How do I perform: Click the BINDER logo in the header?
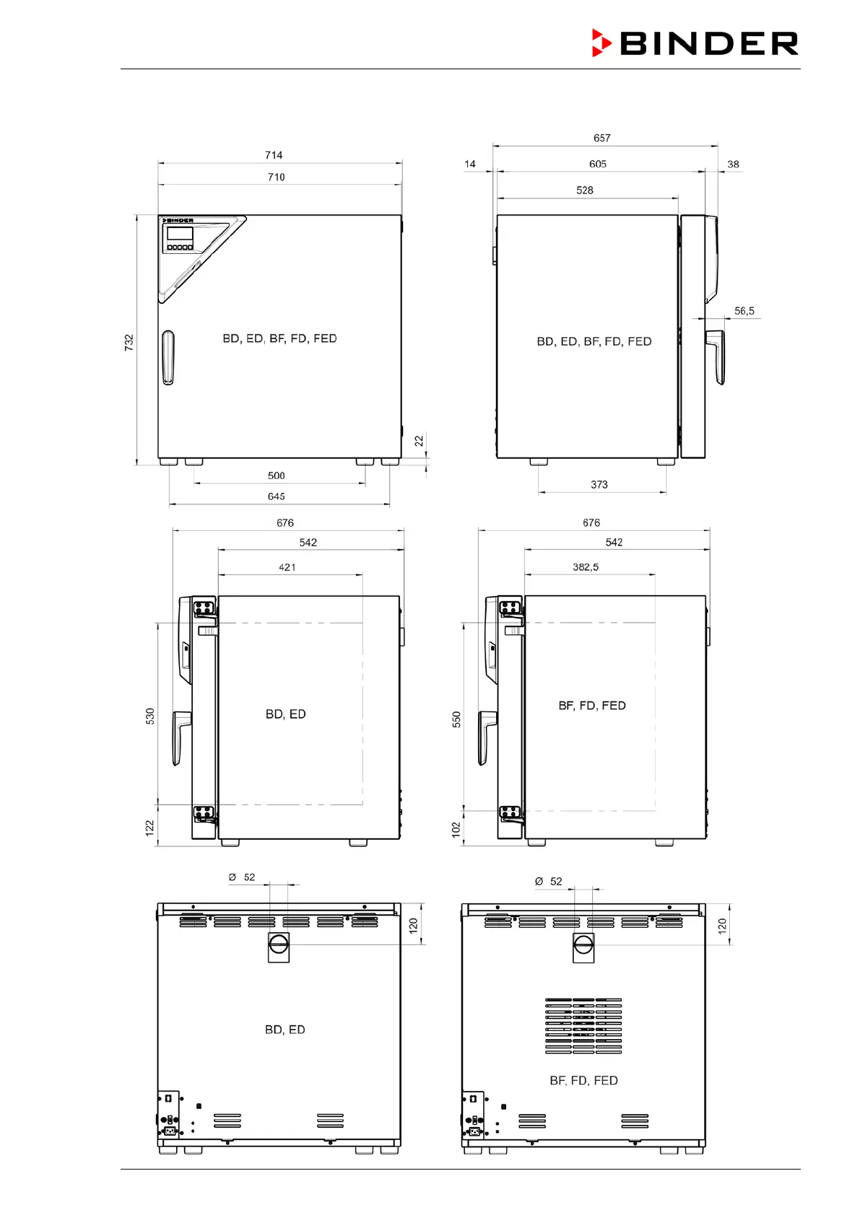point(695,43)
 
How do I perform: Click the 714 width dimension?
point(274,155)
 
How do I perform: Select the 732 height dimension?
point(129,342)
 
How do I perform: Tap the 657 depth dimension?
point(601,139)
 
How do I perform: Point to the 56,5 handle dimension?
point(744,311)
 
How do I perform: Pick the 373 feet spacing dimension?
point(599,484)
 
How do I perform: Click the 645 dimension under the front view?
point(276,496)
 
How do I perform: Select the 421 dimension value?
point(287,567)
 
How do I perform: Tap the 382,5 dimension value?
point(586,567)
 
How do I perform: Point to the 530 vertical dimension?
point(150,716)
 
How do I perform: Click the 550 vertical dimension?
point(456,719)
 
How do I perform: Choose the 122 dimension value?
point(149,828)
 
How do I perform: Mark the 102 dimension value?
point(456,829)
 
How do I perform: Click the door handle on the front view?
point(168,357)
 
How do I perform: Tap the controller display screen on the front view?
point(180,234)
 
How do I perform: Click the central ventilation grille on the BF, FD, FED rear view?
point(583,1026)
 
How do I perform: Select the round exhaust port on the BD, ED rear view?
point(279,944)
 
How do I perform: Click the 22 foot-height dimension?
point(419,441)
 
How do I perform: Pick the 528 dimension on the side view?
point(585,190)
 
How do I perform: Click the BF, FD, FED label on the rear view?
point(583,1081)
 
